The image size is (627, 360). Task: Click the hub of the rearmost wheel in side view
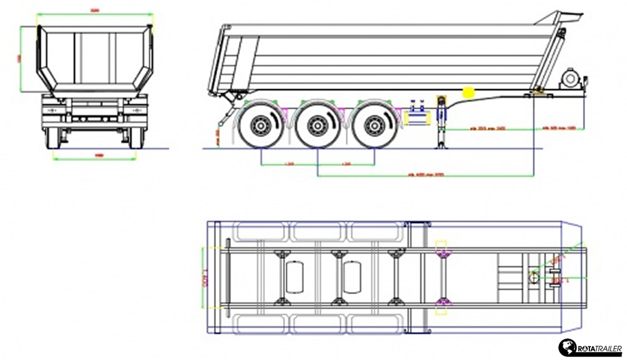point(260,126)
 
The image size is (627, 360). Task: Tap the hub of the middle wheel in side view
point(317,126)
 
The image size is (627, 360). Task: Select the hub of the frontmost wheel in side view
point(374,126)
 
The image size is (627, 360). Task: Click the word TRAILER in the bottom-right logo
point(605,349)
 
